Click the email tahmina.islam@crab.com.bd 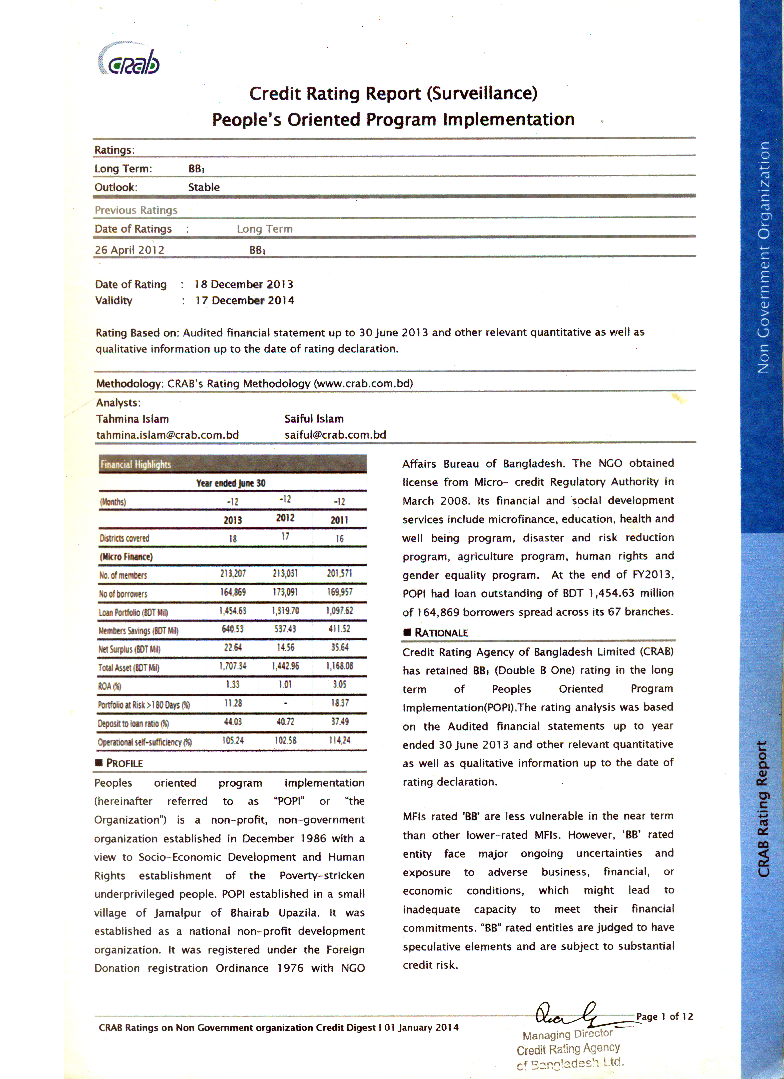(167, 435)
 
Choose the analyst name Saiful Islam (314, 419)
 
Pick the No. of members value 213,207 (233, 574)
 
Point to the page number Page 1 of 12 (664, 1017)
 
